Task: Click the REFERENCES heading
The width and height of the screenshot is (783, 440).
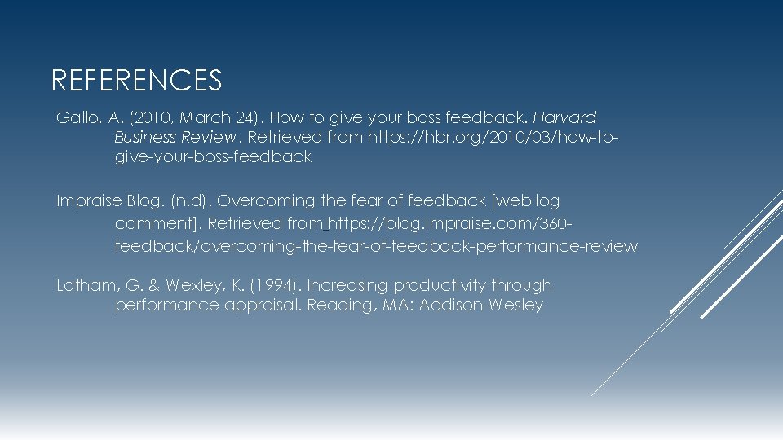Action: pyautogui.click(x=136, y=80)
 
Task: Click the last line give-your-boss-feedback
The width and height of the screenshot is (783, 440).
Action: pyautogui.click(x=214, y=157)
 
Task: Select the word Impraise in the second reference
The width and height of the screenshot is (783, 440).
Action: pyautogui.click(x=90, y=200)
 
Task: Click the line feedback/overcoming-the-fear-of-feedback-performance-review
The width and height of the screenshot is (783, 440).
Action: pyautogui.click(x=377, y=246)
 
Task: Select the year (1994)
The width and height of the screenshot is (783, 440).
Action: pyautogui.click(x=276, y=286)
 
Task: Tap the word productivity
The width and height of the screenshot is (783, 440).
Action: pyautogui.click(x=440, y=286)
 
